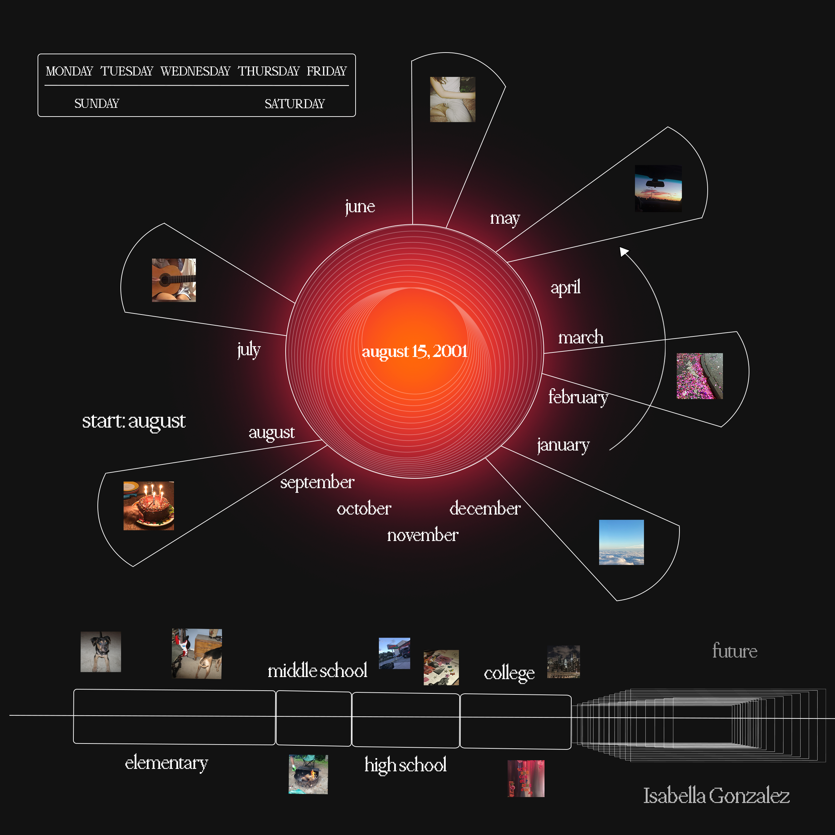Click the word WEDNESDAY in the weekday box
point(195,71)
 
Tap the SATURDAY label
point(294,104)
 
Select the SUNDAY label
point(96,104)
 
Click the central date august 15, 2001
point(414,351)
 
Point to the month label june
point(360,207)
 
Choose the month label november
point(422,535)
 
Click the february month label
point(578,397)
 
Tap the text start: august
point(134,421)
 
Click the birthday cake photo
point(149,506)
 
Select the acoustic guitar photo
point(174,280)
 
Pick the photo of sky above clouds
point(621,542)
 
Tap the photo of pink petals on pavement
point(699,376)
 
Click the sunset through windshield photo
point(658,189)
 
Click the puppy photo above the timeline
point(101,652)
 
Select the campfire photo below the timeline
point(308,774)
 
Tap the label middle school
point(317,671)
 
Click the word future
point(734,651)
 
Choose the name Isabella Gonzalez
point(716,796)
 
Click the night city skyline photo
point(563,662)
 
